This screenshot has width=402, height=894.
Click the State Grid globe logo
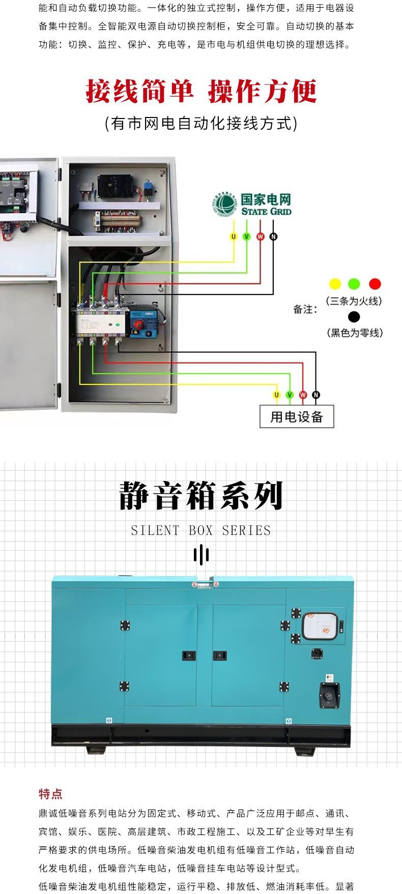(225, 204)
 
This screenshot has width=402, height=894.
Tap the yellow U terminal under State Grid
(234, 236)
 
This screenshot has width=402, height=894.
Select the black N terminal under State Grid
(273, 236)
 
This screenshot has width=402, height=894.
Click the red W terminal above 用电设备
(303, 395)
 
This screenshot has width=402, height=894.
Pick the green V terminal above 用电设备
(290, 395)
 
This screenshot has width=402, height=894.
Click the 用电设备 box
(297, 417)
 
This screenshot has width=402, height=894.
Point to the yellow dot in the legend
(335, 284)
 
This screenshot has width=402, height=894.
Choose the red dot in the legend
(375, 284)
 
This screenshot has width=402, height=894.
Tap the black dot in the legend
(354, 317)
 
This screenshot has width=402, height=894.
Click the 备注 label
(305, 309)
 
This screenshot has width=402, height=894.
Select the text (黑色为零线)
(354, 333)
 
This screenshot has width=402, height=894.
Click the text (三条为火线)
(354, 301)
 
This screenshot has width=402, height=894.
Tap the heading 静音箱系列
(201, 496)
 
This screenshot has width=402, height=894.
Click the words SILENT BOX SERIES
(201, 530)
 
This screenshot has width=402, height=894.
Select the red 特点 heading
(50, 794)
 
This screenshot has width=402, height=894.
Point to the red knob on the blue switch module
(137, 325)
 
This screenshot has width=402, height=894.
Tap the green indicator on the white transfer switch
(118, 324)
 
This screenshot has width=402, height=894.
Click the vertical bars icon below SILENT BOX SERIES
(201, 554)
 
